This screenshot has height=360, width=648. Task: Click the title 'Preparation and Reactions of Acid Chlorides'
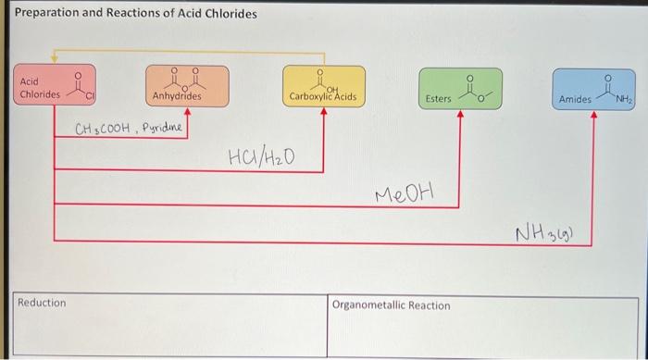click(x=136, y=14)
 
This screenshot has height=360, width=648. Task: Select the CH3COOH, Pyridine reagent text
click(x=129, y=128)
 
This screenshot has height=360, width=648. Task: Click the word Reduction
click(x=43, y=303)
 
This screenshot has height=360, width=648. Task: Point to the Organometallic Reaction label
click(x=391, y=305)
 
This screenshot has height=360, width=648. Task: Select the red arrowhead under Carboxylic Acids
click(x=323, y=112)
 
